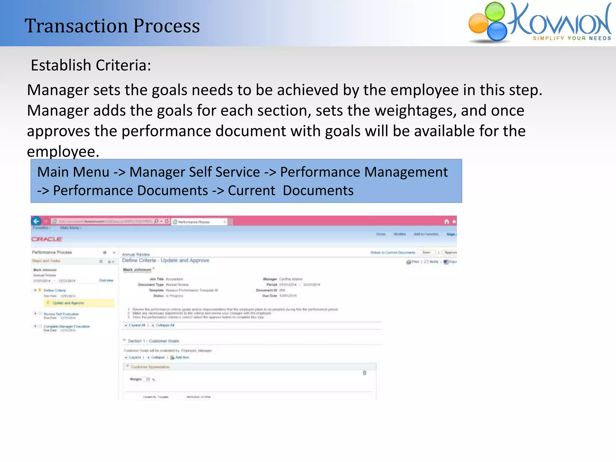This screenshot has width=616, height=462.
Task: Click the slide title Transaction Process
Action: [x=112, y=26]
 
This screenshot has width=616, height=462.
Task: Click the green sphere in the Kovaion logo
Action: [x=495, y=11]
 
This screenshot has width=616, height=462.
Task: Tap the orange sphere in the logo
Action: [x=478, y=24]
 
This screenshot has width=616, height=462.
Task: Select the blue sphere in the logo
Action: [x=497, y=31]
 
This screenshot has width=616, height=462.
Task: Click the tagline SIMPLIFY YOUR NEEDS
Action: [x=572, y=38]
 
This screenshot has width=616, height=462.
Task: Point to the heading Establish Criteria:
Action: [x=91, y=65]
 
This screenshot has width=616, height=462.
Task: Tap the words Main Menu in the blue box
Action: [x=73, y=172]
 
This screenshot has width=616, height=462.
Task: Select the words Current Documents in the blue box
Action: [x=291, y=191]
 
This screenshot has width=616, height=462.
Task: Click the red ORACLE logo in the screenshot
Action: [x=47, y=239]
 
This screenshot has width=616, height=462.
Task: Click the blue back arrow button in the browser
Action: [x=36, y=221]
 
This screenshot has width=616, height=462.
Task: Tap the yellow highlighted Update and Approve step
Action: [x=68, y=303]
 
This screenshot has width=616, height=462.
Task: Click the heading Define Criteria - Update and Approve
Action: [x=165, y=260]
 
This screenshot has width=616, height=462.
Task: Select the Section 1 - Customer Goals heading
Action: [x=153, y=341]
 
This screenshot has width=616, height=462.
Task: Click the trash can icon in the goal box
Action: [x=364, y=373]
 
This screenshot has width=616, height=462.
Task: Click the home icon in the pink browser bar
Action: [x=446, y=222]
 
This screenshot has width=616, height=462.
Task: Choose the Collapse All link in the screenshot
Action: [x=165, y=325]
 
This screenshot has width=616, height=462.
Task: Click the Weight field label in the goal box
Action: [x=135, y=379]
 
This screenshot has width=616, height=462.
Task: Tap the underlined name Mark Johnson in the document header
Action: [x=137, y=269]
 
